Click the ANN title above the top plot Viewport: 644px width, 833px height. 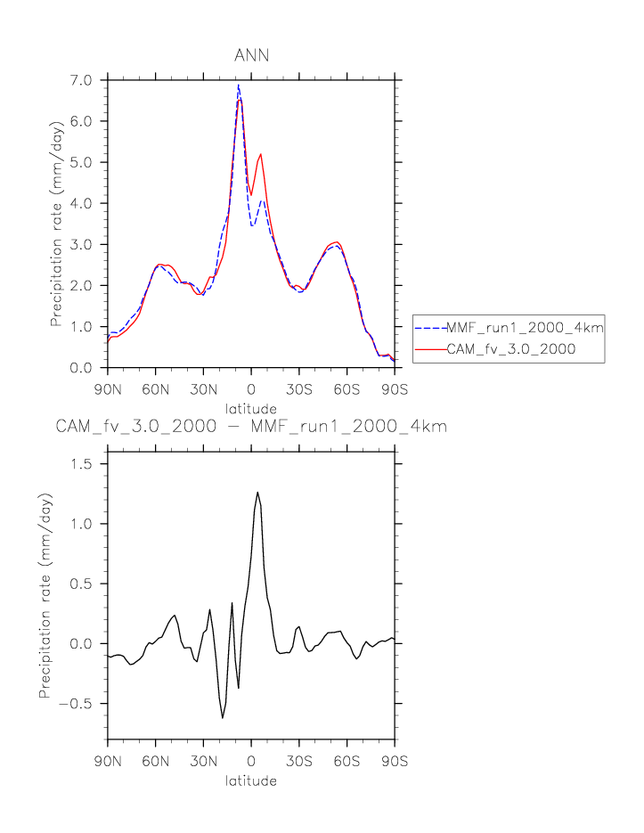251,56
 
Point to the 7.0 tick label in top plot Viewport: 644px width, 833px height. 82,80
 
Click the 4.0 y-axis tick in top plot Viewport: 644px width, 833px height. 82,203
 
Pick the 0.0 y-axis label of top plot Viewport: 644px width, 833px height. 82,368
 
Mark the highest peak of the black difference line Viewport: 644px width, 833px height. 257,492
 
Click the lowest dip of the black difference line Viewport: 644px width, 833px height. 223,717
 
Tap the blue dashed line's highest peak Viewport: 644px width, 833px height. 239,86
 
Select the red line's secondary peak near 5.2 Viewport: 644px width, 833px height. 261,154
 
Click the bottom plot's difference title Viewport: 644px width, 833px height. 251,427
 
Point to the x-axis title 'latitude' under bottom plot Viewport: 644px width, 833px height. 250,780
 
